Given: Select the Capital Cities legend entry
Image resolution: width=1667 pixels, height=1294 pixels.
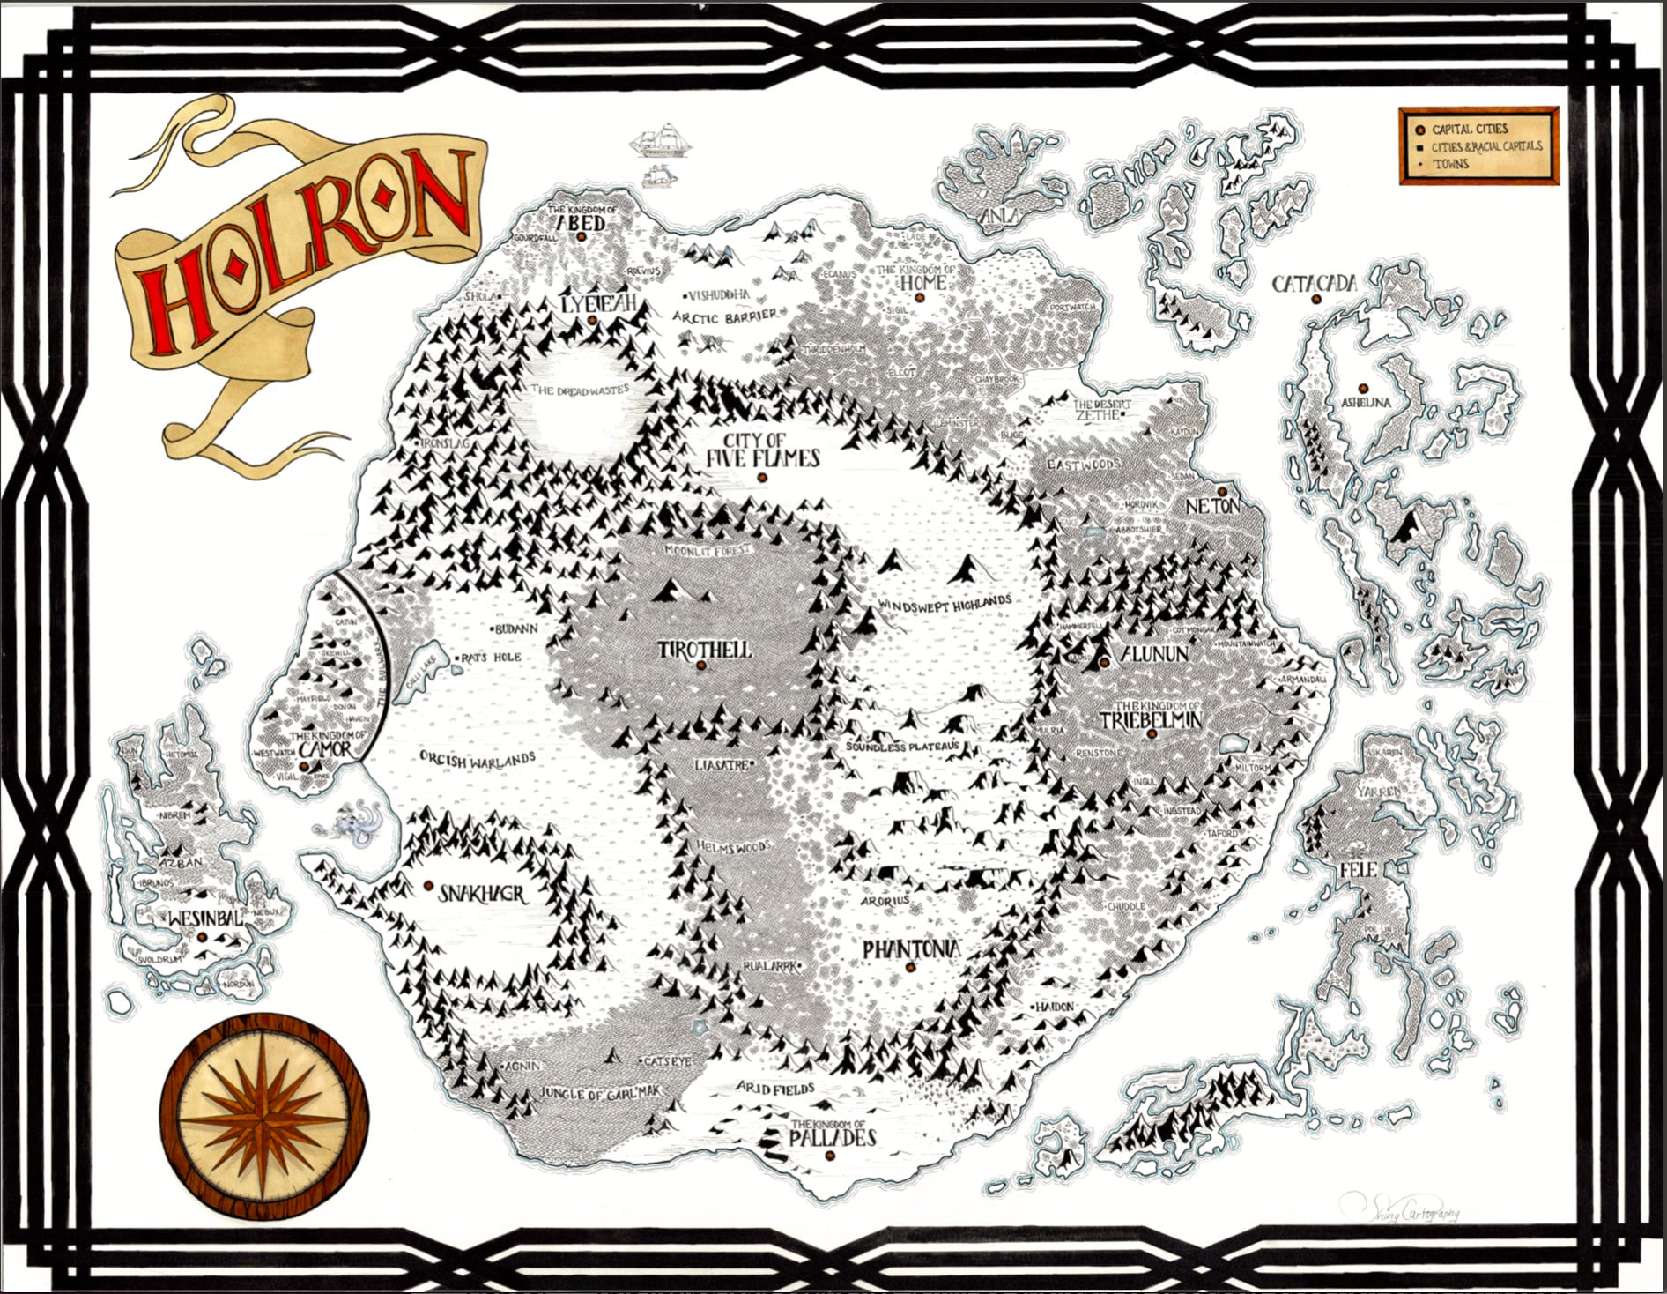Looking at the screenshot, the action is click(1470, 130).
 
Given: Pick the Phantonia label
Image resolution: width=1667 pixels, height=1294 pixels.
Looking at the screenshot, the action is click(910, 949).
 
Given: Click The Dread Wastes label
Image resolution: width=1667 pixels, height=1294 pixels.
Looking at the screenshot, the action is click(580, 390).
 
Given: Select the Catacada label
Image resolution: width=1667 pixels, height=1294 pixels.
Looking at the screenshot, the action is click(1314, 284).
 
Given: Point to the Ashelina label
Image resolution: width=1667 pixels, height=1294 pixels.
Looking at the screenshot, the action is click(1366, 403).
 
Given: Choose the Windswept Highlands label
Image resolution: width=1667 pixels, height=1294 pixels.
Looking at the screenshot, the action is click(945, 603).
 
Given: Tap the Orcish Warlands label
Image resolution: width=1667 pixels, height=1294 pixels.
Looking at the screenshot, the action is click(477, 759).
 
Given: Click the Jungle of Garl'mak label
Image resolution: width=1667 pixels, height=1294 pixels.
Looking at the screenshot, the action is click(600, 1093).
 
